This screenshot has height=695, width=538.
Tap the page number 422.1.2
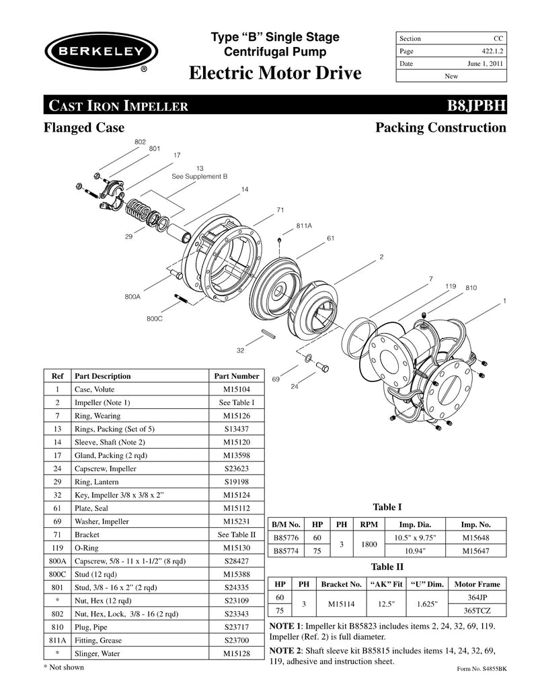[x=489, y=51]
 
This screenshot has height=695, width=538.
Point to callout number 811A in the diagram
[x=305, y=226]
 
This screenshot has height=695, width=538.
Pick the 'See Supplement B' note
[x=200, y=176]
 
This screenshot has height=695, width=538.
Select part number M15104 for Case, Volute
[x=231, y=389]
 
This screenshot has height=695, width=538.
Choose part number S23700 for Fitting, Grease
[x=231, y=640]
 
